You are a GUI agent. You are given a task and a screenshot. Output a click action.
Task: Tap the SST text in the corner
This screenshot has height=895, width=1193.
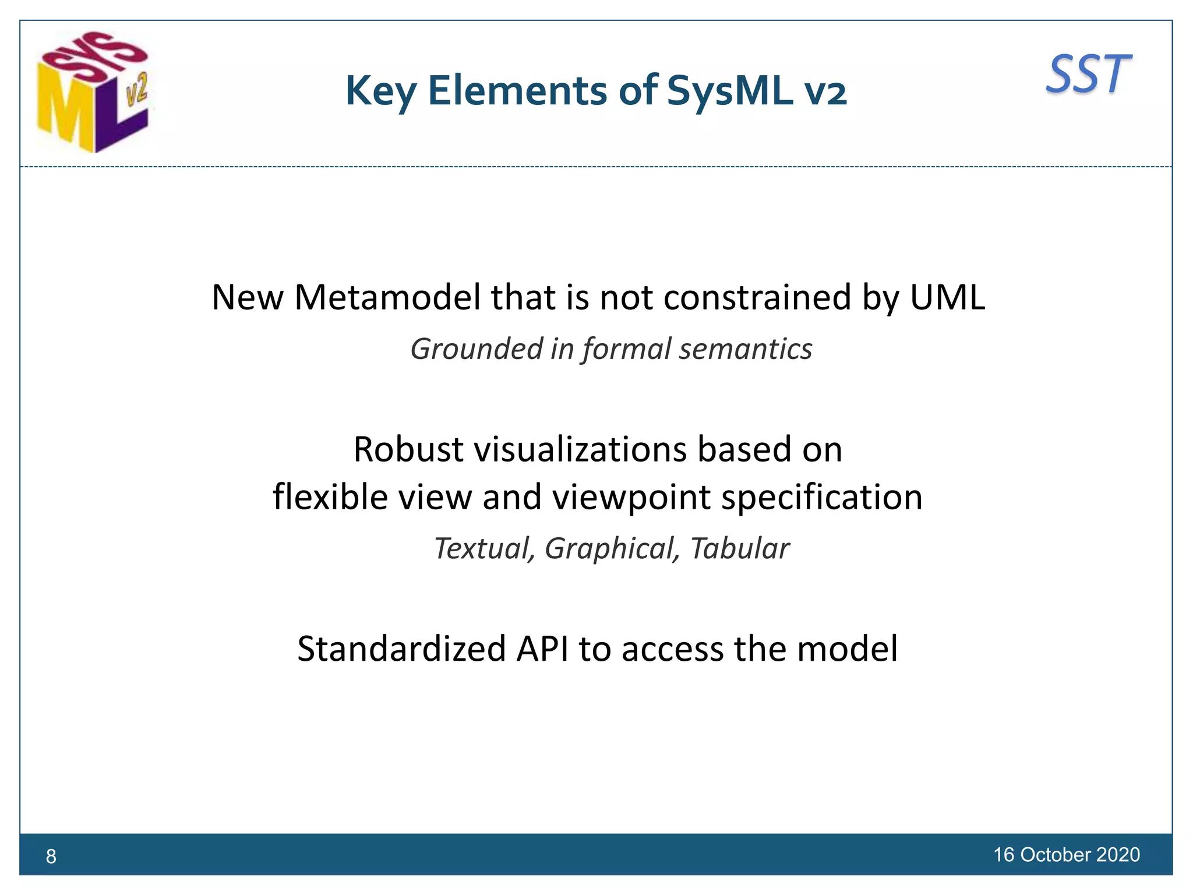pos(1088,75)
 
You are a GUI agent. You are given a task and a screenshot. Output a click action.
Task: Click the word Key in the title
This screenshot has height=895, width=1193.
pos(381,91)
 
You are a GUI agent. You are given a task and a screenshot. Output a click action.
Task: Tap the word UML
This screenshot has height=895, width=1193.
pos(947,297)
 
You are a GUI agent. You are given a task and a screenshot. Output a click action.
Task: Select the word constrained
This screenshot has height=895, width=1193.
pos(757,297)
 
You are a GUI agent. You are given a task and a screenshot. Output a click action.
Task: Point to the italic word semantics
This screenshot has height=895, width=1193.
pos(746,350)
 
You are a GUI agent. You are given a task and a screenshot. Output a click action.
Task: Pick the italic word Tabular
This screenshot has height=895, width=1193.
pos(740,549)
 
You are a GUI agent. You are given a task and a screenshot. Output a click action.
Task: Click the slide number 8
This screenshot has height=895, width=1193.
pos(51,856)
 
